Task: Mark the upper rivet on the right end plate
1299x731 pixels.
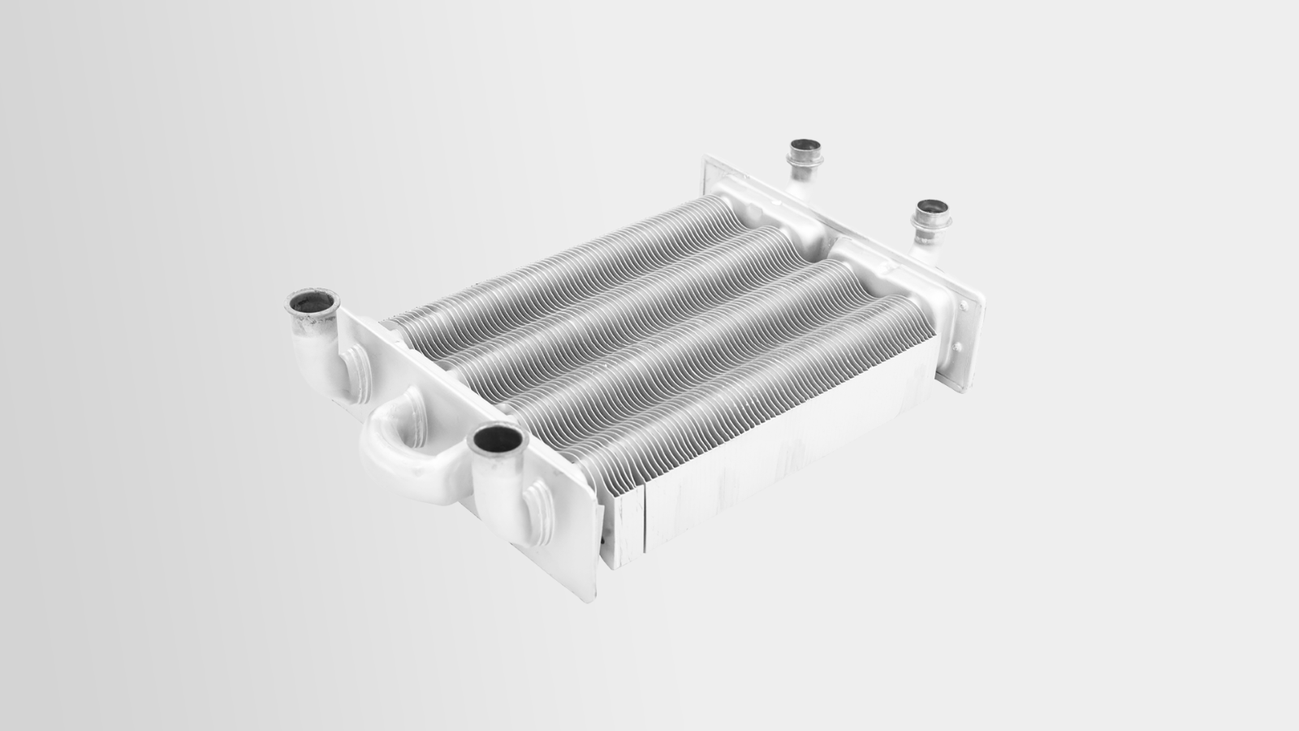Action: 964,305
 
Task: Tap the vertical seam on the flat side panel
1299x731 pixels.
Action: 644,520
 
